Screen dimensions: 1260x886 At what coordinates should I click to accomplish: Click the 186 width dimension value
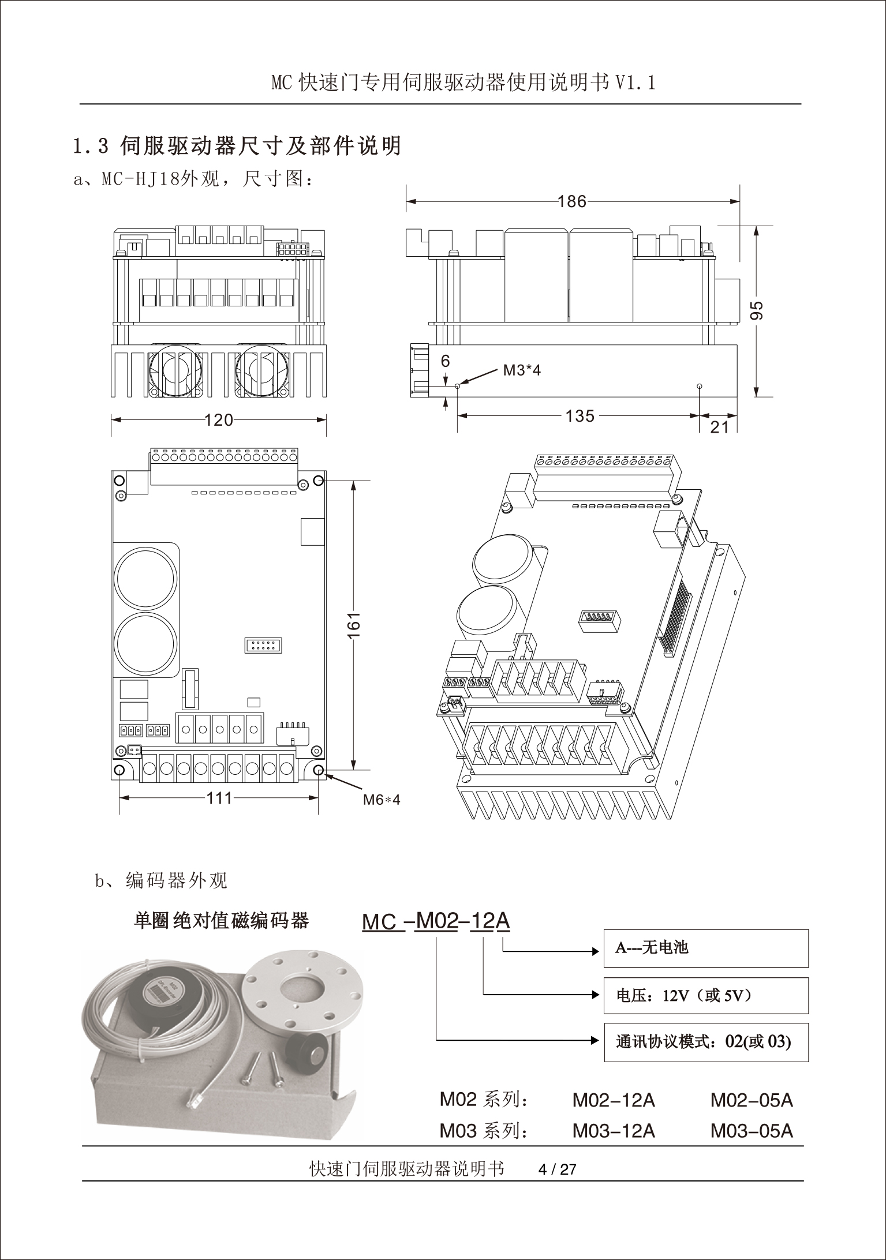pyautogui.click(x=572, y=201)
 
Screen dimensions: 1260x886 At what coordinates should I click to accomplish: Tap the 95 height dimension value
pyautogui.click(x=758, y=310)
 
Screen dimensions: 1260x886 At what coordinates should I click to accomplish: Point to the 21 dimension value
pyautogui.click(x=719, y=427)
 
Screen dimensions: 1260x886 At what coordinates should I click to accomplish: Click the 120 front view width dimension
pyautogui.click(x=219, y=419)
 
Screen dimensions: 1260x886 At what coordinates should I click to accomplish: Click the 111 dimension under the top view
pyautogui.click(x=219, y=798)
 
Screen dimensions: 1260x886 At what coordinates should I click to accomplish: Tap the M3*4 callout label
pyautogui.click(x=522, y=370)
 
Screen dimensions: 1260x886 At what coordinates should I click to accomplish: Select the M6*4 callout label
pyautogui.click(x=382, y=800)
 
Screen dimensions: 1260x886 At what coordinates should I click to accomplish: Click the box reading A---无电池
pyautogui.click(x=705, y=948)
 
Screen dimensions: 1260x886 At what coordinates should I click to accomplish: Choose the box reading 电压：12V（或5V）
pyautogui.click(x=705, y=995)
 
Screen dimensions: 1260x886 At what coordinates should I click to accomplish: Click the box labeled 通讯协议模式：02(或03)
pyautogui.click(x=705, y=1042)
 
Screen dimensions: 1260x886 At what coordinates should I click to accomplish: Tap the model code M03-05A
pyautogui.click(x=752, y=1130)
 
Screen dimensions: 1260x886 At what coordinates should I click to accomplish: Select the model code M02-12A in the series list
pyautogui.click(x=614, y=1100)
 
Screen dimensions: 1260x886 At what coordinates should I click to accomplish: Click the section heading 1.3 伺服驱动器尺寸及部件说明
pyautogui.click(x=237, y=146)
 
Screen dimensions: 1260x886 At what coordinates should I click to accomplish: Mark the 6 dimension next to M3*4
pyautogui.click(x=445, y=361)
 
